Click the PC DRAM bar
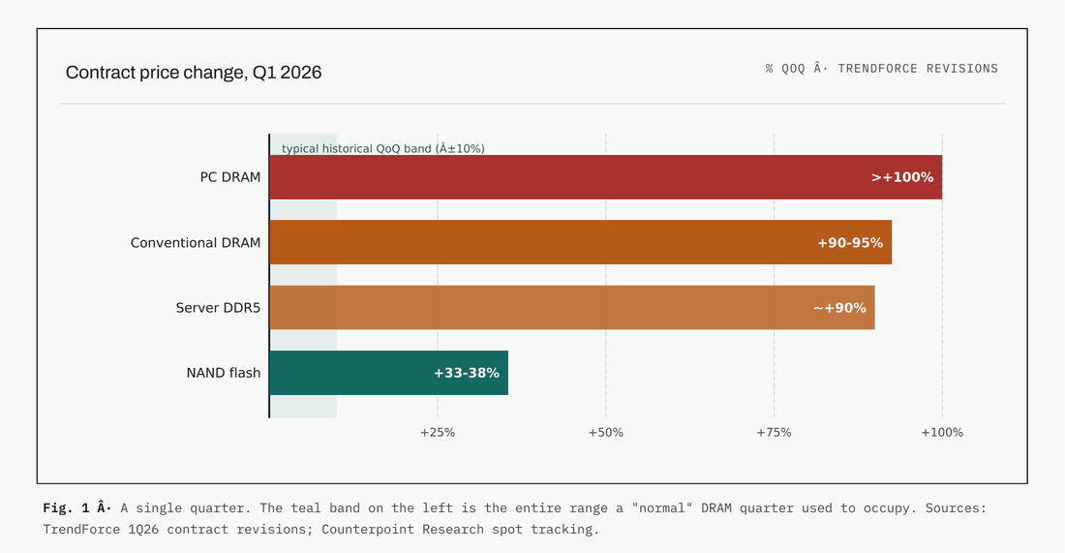coord(606,177)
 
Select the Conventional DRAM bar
coord(581,242)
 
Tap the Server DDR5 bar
coord(572,308)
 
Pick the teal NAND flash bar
coord(388,373)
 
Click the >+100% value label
coord(902,177)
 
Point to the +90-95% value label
coord(850,242)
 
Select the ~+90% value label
coord(839,308)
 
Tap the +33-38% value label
coord(467,373)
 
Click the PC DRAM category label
coord(230,177)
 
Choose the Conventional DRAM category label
coord(196,242)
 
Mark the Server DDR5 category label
coord(218,308)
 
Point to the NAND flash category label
coord(224,373)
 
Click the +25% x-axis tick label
coord(438,433)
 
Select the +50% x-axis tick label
coord(606,433)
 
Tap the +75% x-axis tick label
coord(774,433)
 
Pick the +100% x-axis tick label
coord(942,433)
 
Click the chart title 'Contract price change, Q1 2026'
coord(194,73)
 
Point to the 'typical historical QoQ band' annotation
coord(383,149)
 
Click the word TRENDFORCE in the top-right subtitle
coord(877,69)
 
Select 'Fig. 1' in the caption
coord(66,507)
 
